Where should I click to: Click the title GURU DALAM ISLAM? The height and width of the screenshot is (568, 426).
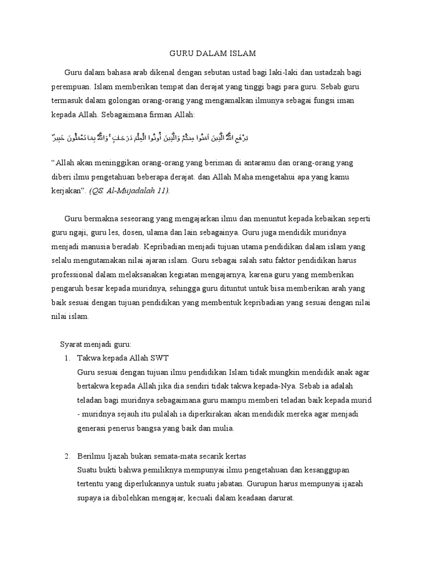(212, 54)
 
